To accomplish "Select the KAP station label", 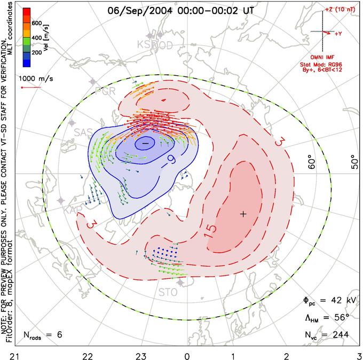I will [73, 210].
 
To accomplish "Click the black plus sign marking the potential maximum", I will [243, 214].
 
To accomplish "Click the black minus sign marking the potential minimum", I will [145, 143].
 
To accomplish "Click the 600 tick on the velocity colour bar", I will [37, 23].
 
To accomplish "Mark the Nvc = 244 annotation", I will [326, 334].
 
